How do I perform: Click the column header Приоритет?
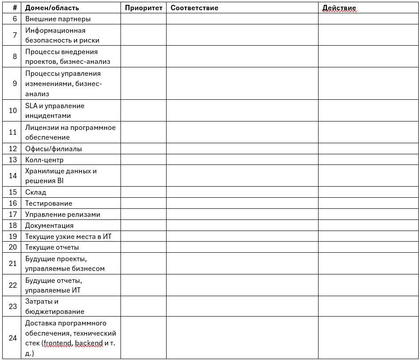[x=144, y=8]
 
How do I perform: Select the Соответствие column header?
[x=194, y=8]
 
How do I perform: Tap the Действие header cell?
[x=339, y=8]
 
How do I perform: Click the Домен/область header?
[x=52, y=8]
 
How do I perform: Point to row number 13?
[x=13, y=160]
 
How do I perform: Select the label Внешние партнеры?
[x=58, y=19]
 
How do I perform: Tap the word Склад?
[x=35, y=192]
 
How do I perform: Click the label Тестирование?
[x=48, y=203]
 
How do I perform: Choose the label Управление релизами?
[x=62, y=215]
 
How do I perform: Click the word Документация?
[x=49, y=225]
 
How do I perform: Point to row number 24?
[x=13, y=338]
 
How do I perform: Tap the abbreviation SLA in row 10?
[x=31, y=106]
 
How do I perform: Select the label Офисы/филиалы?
[x=53, y=149]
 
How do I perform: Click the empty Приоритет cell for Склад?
[x=143, y=192]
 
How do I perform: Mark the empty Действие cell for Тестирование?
[x=368, y=203]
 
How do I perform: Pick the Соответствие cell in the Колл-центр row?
[x=242, y=160]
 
